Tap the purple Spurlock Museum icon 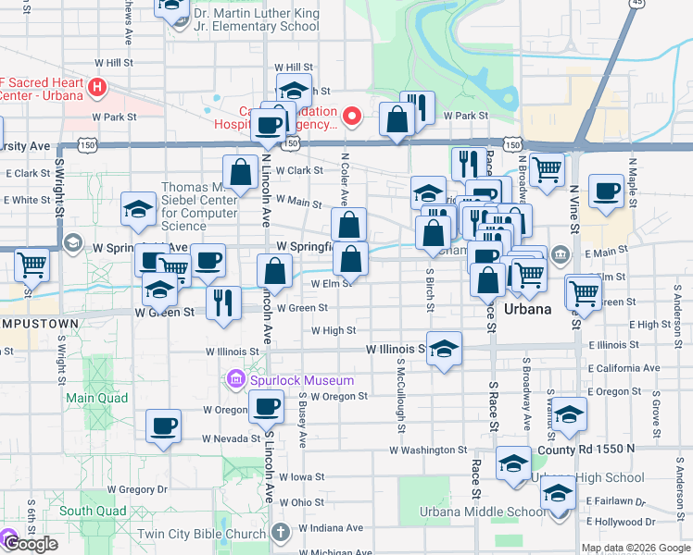click(235, 380)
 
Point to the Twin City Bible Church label click(201, 534)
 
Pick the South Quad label click(93, 511)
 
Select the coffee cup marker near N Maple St click(607, 191)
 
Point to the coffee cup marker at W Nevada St click(164, 426)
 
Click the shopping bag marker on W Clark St click(240, 172)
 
